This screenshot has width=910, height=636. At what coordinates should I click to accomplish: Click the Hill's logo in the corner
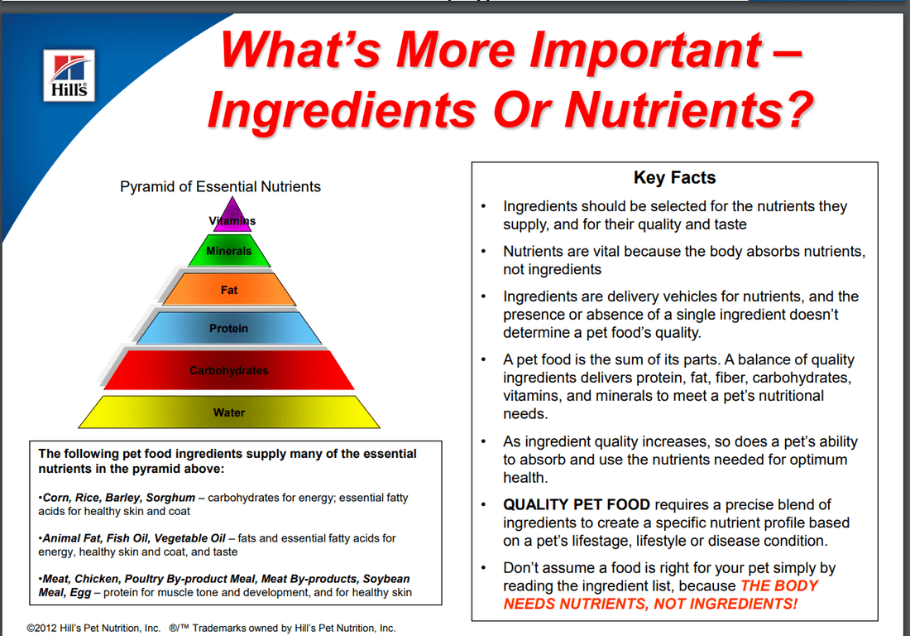click(69, 75)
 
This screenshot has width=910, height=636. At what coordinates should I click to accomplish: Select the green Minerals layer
click(229, 251)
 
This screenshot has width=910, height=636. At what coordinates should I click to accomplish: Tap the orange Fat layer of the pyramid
click(229, 290)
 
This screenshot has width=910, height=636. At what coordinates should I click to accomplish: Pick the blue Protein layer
click(229, 328)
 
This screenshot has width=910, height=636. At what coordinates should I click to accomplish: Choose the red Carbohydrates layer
click(229, 370)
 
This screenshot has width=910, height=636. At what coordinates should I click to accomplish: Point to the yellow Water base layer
click(229, 412)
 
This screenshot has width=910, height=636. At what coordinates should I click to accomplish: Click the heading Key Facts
click(674, 177)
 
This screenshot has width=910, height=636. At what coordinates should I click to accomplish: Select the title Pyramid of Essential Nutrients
click(220, 186)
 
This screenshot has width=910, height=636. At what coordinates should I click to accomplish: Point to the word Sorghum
click(170, 498)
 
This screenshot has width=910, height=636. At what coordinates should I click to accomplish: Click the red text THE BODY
click(779, 585)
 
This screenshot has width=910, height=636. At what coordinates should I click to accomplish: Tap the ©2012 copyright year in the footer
click(43, 628)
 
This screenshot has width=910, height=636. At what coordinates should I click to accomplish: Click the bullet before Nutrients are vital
click(483, 251)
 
